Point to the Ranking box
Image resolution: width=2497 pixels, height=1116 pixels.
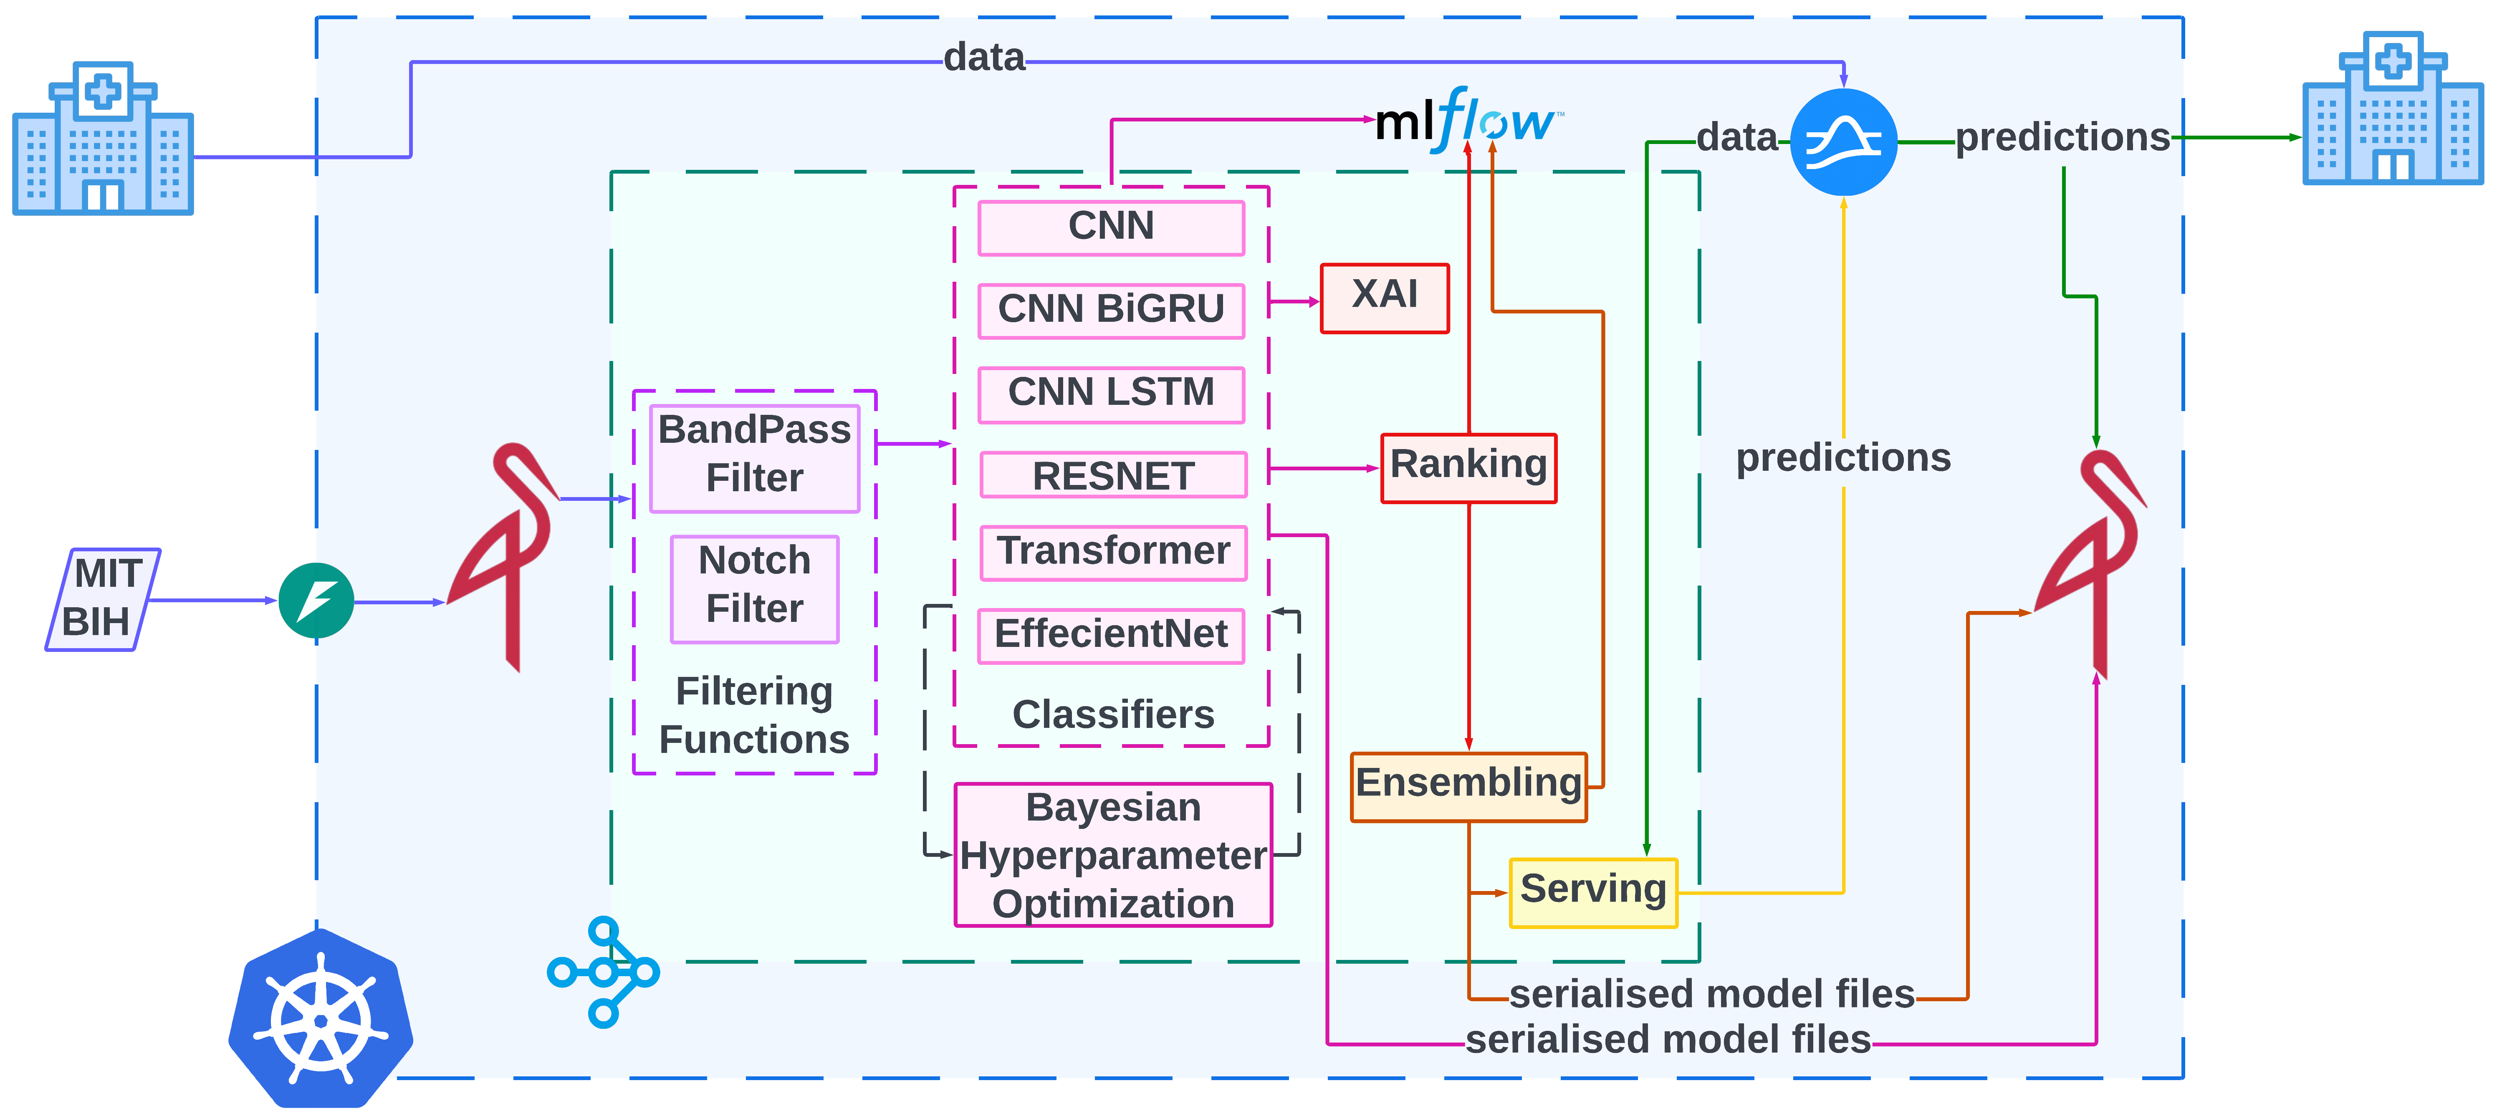coord(1468,467)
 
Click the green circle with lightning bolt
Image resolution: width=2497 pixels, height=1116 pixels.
coord(316,600)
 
